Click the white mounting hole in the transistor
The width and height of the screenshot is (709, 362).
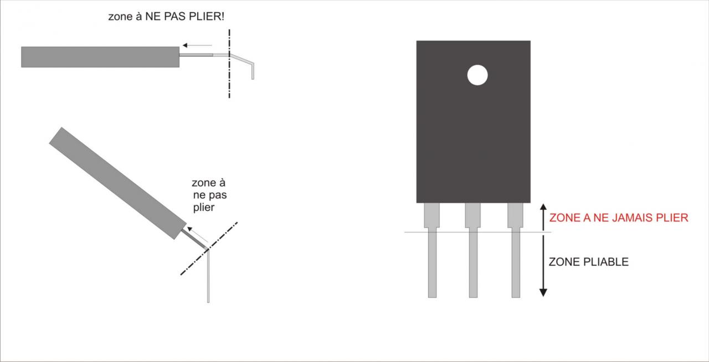pyautogui.click(x=477, y=75)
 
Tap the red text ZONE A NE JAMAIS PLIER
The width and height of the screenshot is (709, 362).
pyautogui.click(x=618, y=218)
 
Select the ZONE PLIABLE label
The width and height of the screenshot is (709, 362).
pyautogui.click(x=588, y=262)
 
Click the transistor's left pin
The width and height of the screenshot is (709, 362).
pyautogui.click(x=432, y=260)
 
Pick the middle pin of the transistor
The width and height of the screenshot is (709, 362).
pyautogui.click(x=472, y=260)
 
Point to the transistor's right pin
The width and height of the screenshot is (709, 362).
pyautogui.click(x=516, y=260)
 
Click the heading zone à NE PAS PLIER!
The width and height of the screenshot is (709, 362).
pyautogui.click(x=166, y=17)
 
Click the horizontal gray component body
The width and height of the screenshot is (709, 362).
pyautogui.click(x=100, y=56)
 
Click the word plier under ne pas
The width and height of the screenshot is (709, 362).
pyautogui.click(x=203, y=207)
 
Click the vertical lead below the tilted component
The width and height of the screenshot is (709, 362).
pyautogui.click(x=208, y=277)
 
